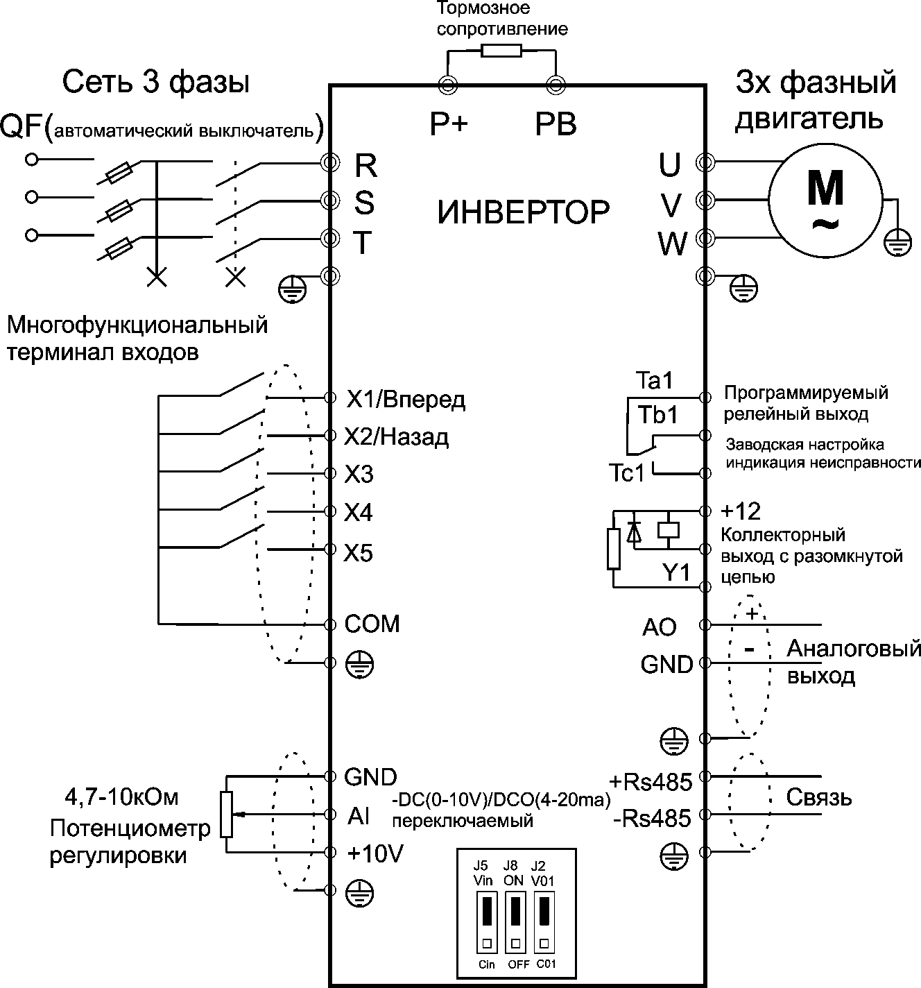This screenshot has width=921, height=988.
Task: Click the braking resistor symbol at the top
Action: [x=501, y=50]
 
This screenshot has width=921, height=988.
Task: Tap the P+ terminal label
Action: [x=449, y=123]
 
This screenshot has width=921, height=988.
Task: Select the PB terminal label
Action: [x=556, y=124]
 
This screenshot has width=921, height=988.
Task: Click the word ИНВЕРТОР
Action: [x=523, y=212]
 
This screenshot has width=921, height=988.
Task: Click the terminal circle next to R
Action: [x=329, y=162]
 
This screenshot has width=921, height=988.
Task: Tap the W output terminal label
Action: [x=672, y=244]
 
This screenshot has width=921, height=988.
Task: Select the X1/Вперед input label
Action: [x=406, y=400]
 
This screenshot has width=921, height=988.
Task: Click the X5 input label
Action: [x=358, y=552]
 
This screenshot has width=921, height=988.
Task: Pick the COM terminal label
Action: [x=372, y=624]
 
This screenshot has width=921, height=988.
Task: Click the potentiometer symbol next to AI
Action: [x=227, y=815]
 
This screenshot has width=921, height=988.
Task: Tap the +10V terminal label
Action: [x=375, y=853]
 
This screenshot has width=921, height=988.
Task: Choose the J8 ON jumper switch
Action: [x=516, y=922]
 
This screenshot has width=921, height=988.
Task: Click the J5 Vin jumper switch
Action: [x=487, y=922]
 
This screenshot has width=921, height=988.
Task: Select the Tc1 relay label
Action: [x=626, y=472]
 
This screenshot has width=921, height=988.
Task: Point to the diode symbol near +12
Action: [x=634, y=532]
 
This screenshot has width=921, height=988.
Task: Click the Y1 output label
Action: [x=675, y=572]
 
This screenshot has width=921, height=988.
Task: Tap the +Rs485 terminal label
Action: [x=651, y=782]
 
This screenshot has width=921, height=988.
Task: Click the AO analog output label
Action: [x=660, y=627]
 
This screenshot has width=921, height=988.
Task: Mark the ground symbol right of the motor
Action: [x=897, y=243]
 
